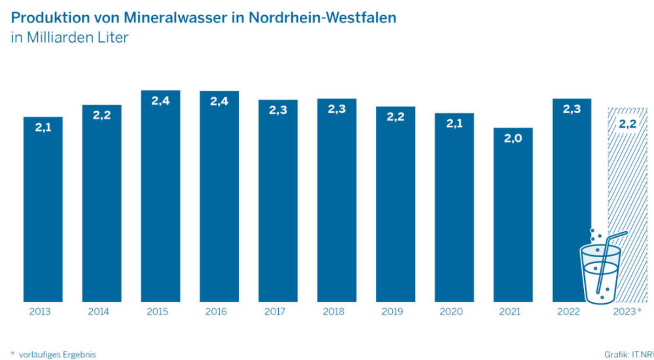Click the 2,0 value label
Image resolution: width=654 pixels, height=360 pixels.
pos(513,138)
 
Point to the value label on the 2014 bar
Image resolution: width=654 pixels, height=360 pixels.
pos(101,116)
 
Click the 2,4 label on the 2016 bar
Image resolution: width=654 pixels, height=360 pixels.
pos(219,101)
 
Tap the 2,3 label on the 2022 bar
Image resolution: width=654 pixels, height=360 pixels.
pos(572,109)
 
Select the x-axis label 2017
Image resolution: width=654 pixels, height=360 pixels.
pos(278,312)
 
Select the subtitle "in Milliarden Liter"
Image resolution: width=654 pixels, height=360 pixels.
pos(69,37)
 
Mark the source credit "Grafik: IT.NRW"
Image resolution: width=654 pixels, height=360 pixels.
pos(628,354)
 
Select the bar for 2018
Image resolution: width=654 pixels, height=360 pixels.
pos(336,203)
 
